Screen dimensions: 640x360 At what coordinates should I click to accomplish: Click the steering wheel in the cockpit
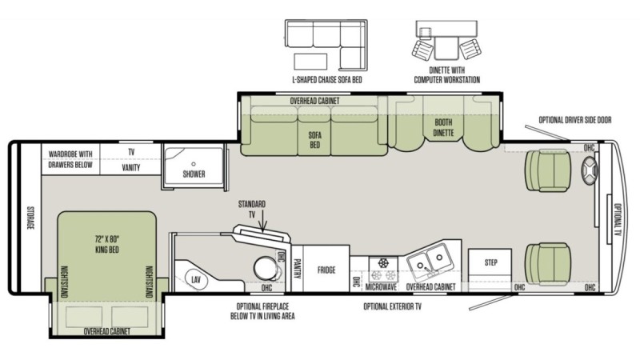(x=590, y=170)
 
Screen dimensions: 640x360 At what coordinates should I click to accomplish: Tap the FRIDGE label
(x=326, y=270)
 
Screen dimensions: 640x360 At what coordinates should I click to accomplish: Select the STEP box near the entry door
(x=490, y=262)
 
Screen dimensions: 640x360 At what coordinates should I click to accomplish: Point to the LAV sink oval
(x=196, y=280)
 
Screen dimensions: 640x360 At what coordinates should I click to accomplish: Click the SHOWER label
(x=194, y=174)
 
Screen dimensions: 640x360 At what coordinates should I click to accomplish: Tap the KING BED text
(x=107, y=250)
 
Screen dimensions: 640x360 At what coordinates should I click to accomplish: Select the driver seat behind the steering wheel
(x=548, y=170)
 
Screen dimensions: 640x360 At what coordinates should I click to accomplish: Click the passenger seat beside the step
(x=548, y=264)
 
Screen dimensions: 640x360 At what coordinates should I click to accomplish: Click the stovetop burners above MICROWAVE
(x=383, y=269)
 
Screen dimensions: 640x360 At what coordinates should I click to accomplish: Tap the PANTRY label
(x=297, y=269)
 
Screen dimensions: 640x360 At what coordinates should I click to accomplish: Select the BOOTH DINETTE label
(x=443, y=127)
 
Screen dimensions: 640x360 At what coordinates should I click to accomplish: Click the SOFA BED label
(x=314, y=139)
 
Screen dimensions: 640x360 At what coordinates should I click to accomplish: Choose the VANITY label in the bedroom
(x=131, y=167)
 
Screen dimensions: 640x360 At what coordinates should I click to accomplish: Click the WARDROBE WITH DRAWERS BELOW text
(x=70, y=159)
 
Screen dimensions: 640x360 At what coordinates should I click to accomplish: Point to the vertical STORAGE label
(x=30, y=218)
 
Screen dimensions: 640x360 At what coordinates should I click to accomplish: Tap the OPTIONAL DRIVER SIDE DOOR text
(x=575, y=120)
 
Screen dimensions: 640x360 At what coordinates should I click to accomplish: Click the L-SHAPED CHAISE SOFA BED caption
(x=327, y=79)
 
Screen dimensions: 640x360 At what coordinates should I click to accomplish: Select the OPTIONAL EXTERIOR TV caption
(x=392, y=306)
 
